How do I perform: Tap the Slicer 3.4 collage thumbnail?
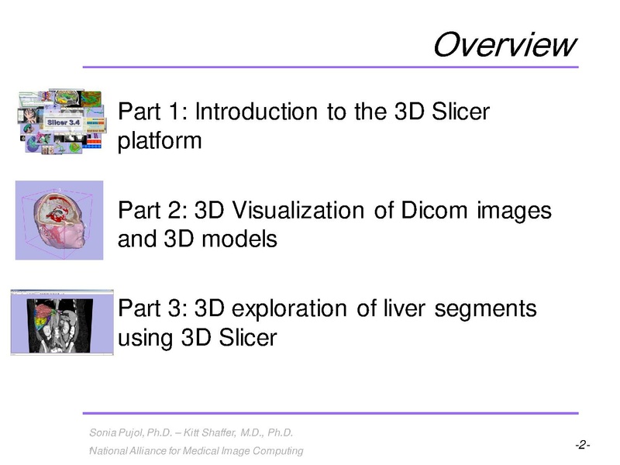click(x=61, y=121)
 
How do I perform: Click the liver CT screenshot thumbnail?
click(x=62, y=322)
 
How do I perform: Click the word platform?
click(x=160, y=141)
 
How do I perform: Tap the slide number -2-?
click(x=583, y=446)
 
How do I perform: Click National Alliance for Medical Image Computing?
click(x=197, y=451)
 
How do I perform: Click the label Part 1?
click(x=153, y=112)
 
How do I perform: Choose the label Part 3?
click(x=153, y=308)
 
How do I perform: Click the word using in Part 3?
click(x=146, y=339)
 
